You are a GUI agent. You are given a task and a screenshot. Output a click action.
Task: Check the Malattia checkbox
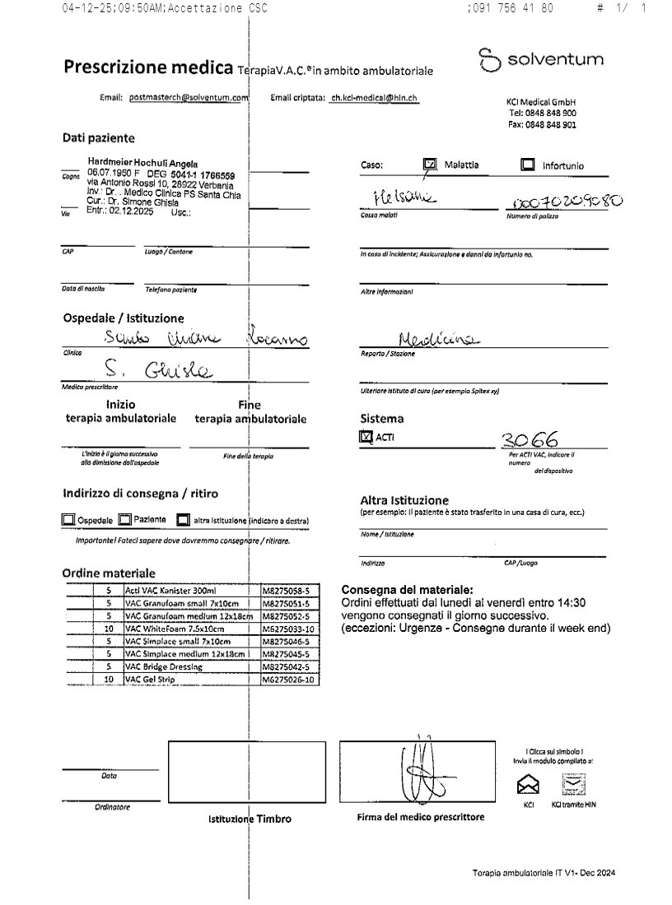coord(429,165)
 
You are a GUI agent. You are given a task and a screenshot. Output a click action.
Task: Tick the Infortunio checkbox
coord(528,165)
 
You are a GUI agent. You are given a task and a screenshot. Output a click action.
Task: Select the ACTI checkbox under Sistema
coord(366,438)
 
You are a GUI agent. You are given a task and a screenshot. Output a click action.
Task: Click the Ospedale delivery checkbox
coord(68,520)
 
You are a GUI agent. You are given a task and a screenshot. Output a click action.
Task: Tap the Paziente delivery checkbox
coord(124,520)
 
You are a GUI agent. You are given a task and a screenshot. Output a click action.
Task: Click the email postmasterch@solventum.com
coord(189,98)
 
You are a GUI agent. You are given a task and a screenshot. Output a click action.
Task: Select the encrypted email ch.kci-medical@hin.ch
coord(374,98)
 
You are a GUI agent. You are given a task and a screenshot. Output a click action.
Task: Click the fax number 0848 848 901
coord(542,125)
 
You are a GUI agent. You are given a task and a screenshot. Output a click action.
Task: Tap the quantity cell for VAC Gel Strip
coord(108,680)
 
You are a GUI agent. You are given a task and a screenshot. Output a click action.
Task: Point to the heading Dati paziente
coord(98,138)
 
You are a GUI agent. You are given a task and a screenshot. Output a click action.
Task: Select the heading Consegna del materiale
coord(407,590)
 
